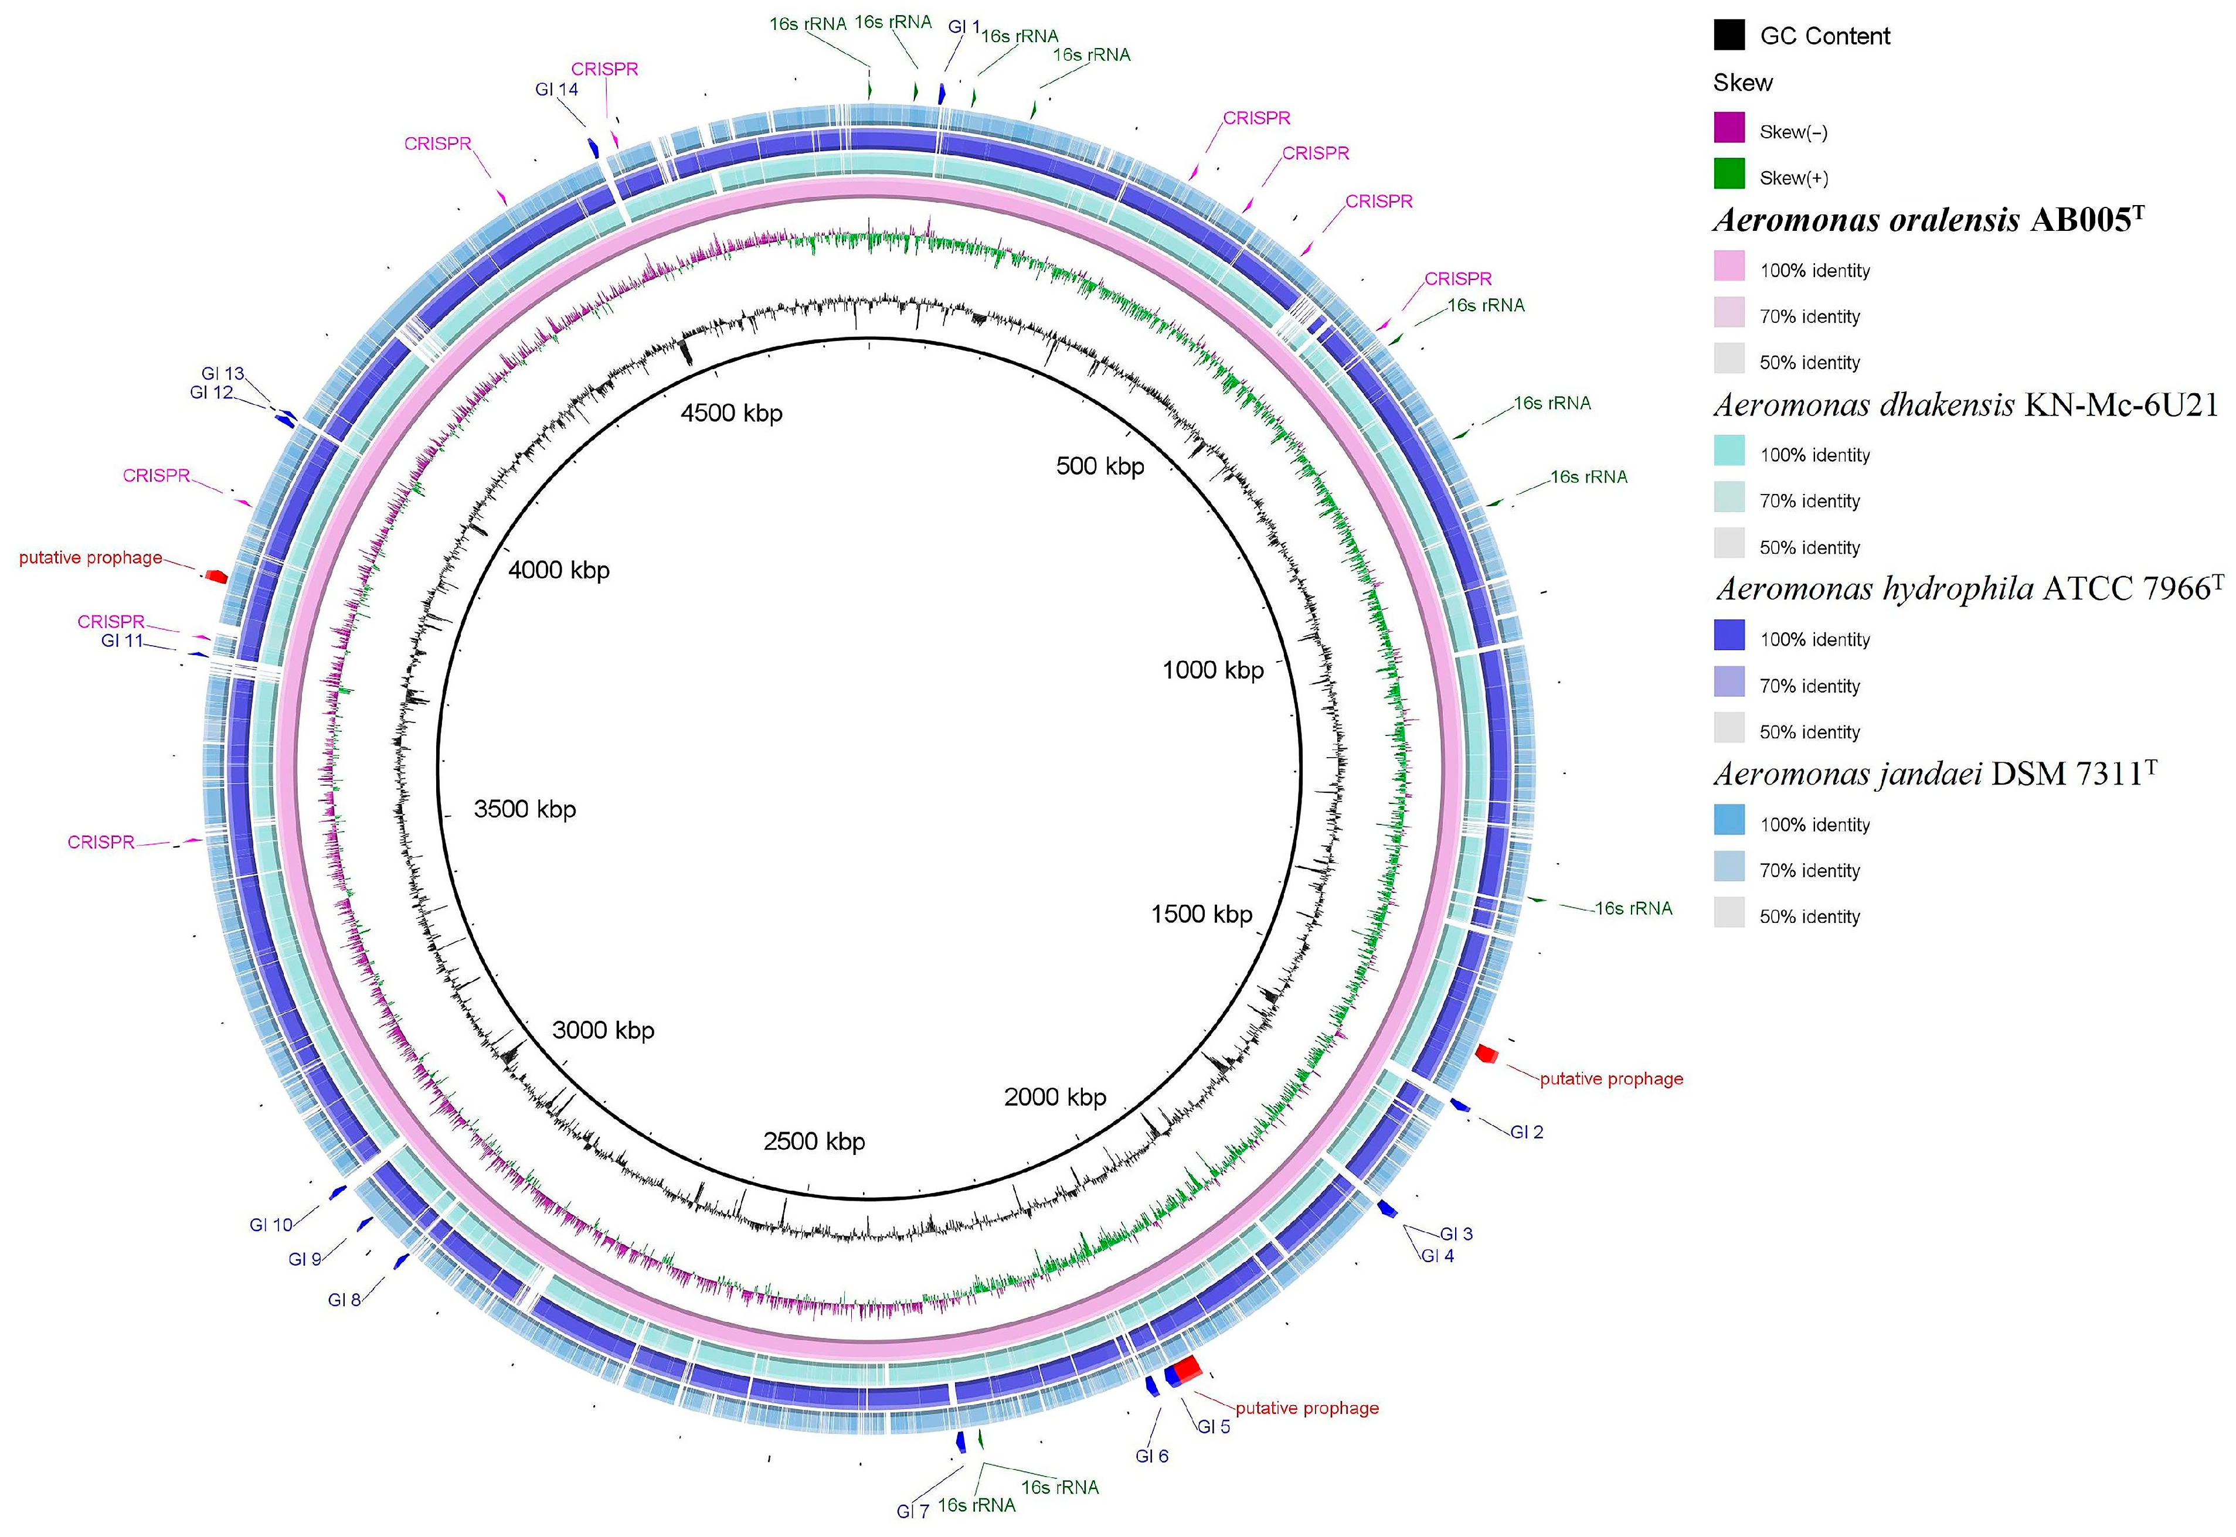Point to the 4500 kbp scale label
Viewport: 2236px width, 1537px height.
[731, 413]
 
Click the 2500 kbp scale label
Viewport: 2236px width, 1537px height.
[814, 1141]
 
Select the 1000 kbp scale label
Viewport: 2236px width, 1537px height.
[1213, 670]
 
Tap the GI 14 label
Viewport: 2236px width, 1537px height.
[557, 90]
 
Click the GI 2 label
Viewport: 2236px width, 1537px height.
[1526, 1133]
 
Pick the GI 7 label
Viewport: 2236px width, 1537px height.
[912, 1511]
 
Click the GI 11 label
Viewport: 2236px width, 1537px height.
[123, 640]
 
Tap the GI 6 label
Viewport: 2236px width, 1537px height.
[1151, 1456]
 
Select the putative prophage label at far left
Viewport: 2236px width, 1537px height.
[90, 558]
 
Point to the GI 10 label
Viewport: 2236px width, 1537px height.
[271, 1225]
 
